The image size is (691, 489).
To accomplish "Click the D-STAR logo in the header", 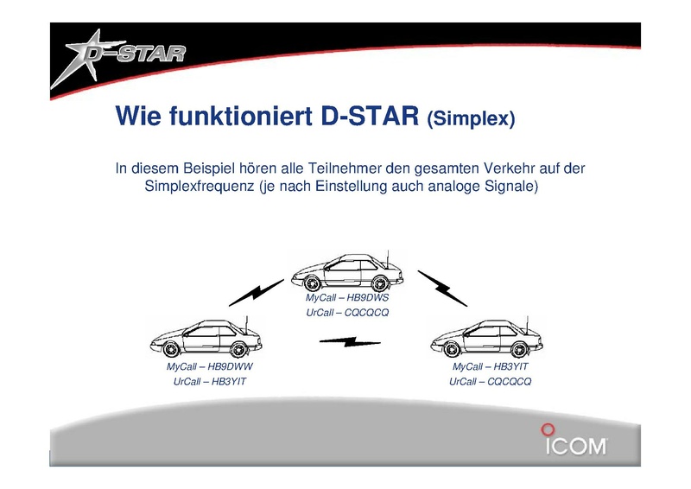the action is (x=118, y=58).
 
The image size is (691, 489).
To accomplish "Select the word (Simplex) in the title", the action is (x=471, y=118).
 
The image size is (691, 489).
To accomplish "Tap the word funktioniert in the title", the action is (x=241, y=116).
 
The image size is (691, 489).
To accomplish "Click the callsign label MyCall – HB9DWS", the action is (x=347, y=297).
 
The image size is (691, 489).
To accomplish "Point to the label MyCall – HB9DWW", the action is (x=209, y=366).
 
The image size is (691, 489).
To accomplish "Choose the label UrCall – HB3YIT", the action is (x=209, y=381).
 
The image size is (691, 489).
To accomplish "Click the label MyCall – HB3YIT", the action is (x=490, y=366).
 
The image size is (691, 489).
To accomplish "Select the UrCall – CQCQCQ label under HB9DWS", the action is (x=347, y=313).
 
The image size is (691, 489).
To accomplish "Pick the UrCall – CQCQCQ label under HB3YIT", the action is (x=490, y=381).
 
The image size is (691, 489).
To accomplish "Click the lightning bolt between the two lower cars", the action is (x=350, y=342).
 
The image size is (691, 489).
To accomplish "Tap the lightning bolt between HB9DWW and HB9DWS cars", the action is (x=256, y=292).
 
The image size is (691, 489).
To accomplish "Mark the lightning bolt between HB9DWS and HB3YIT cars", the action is (x=442, y=289).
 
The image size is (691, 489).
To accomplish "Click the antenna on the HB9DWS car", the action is (x=387, y=259).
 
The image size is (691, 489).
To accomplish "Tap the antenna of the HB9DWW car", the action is (x=246, y=326).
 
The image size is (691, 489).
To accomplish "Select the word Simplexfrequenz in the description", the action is (x=200, y=186).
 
